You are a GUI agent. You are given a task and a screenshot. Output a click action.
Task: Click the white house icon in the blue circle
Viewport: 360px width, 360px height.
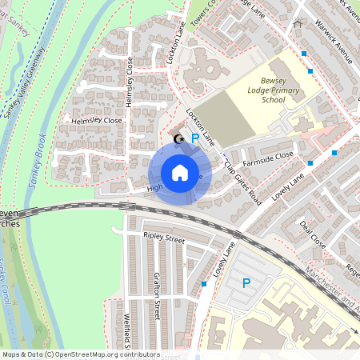pos(180,173)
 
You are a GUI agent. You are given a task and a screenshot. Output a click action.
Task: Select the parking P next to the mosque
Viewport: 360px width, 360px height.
pos(194,139)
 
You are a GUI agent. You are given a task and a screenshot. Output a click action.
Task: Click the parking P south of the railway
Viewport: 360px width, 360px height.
pos(246,283)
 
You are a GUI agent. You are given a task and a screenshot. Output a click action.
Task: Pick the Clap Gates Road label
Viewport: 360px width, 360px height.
pos(243,181)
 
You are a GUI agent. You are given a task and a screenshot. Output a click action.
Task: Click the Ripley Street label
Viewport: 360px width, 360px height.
pos(164,238)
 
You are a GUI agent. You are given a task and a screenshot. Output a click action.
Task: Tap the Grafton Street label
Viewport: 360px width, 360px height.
pos(157,295)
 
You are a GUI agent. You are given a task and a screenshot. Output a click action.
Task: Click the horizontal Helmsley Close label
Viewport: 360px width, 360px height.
pos(96,121)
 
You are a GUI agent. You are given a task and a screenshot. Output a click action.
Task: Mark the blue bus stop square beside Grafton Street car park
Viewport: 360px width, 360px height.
pos(205,284)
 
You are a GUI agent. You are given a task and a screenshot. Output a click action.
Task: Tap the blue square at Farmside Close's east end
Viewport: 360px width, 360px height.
pos(333,152)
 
